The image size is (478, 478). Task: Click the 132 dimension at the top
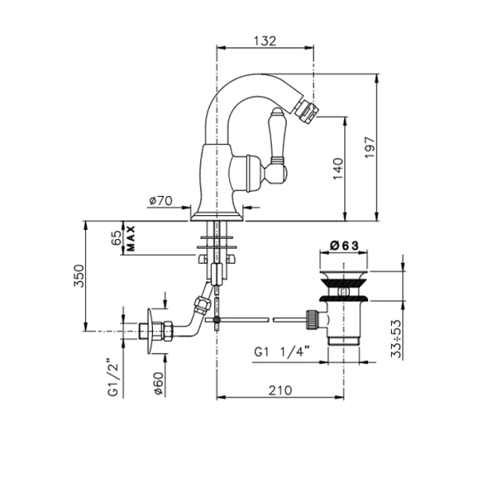pos(265,41)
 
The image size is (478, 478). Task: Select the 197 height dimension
pos(370,147)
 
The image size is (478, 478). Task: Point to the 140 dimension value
pos(338,169)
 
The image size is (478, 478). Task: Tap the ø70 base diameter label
pos(161,201)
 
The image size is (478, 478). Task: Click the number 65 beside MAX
pos(116,238)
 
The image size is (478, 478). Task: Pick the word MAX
pos(131,239)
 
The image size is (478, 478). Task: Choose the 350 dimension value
pos(78,276)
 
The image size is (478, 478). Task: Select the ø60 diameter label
pos(159,383)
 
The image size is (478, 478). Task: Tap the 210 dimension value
pos(280,390)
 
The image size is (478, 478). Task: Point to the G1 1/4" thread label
pos(282,352)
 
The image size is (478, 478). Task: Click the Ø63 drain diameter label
pos(344,245)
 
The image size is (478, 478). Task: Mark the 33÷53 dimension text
pos(396,339)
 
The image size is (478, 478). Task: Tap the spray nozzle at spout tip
pos(306,110)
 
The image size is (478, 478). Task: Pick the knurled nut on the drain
pos(311,319)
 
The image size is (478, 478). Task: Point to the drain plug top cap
pos(343,273)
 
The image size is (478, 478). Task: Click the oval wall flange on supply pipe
pos(150,331)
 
